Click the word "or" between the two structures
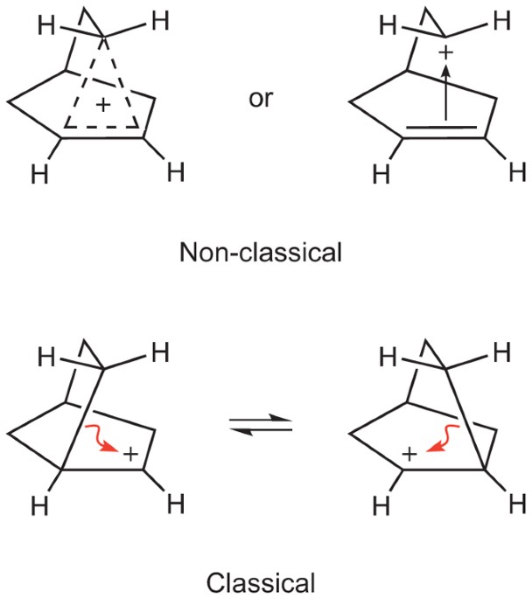261,99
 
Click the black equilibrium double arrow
261,428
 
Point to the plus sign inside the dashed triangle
103,105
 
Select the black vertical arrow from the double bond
444,96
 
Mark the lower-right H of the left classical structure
175,503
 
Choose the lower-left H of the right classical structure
380,506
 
